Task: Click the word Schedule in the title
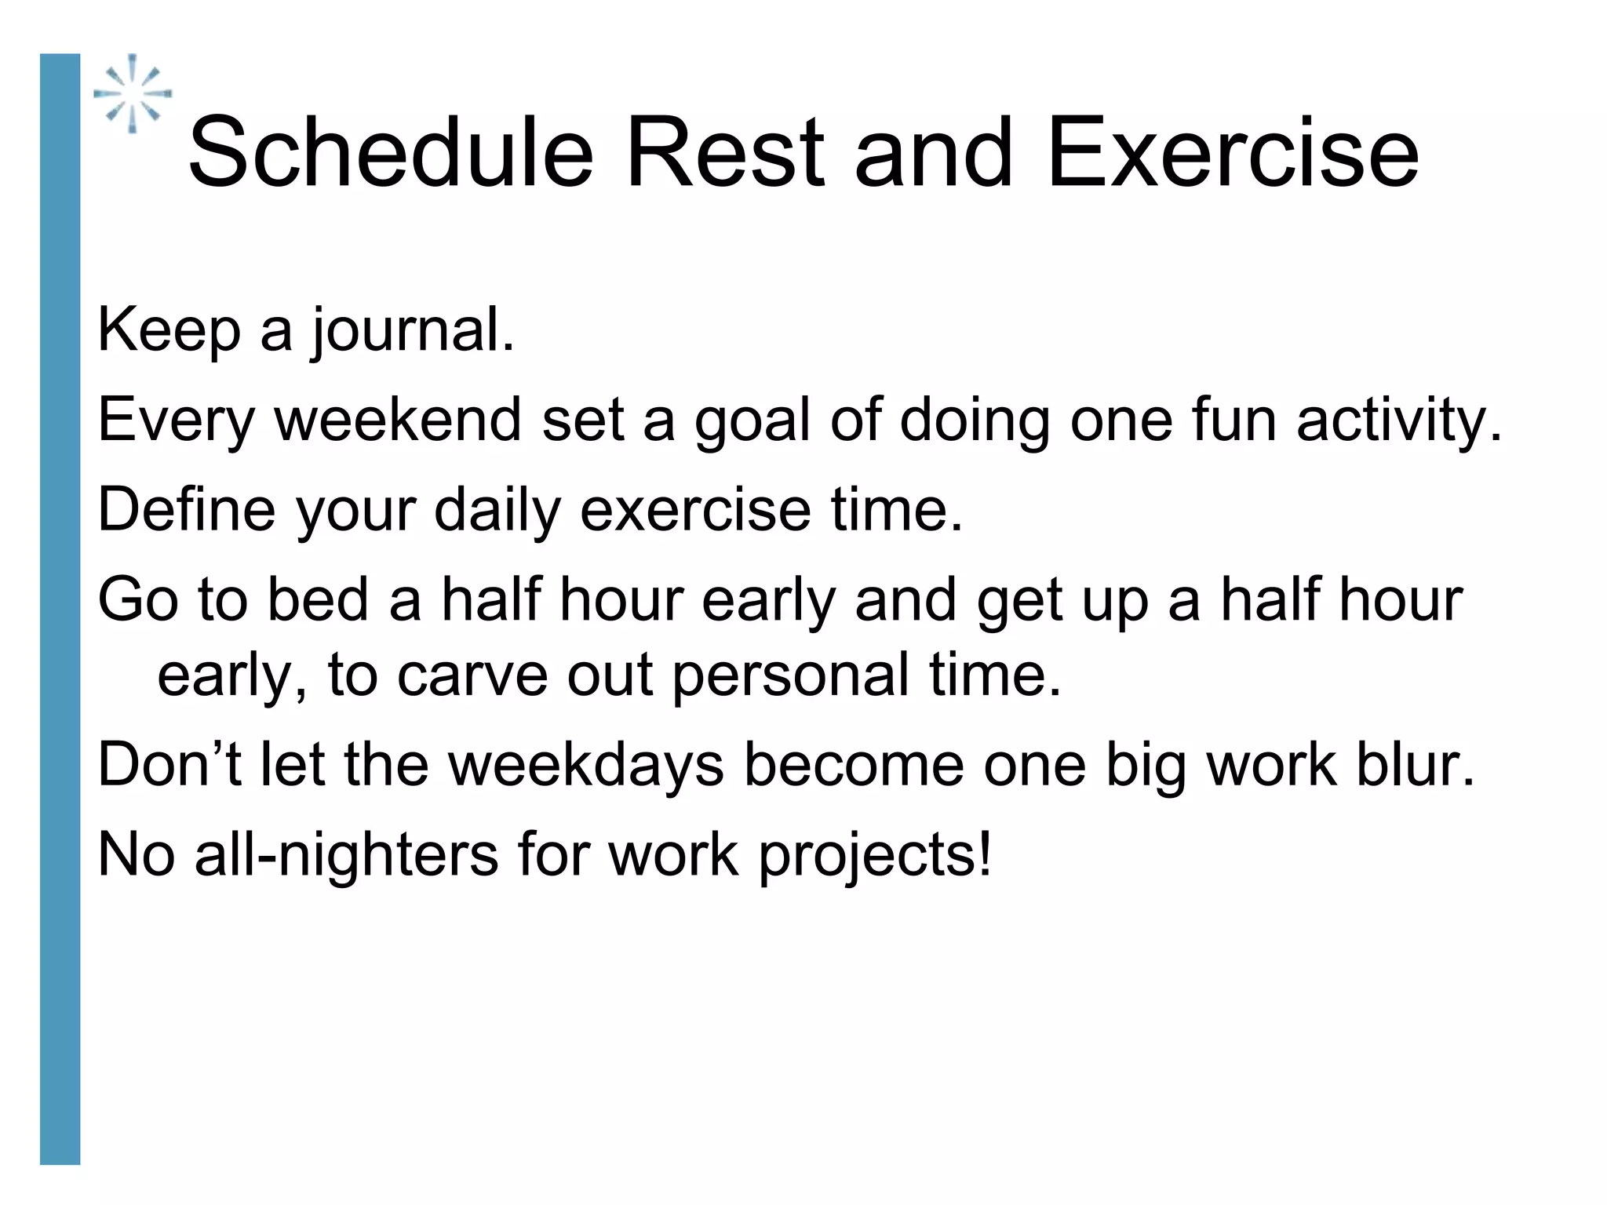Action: click(x=390, y=152)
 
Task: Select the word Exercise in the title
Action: click(x=1232, y=152)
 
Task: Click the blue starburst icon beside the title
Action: click(x=133, y=93)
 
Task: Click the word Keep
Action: click(x=168, y=330)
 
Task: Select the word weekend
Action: click(x=398, y=420)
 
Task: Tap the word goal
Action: click(x=752, y=421)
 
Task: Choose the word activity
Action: click(x=1397, y=421)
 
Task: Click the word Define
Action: click(x=186, y=510)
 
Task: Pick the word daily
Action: click(x=497, y=511)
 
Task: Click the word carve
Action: click(x=472, y=675)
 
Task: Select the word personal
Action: click(x=791, y=677)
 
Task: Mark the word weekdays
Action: click(x=585, y=766)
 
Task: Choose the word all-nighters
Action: click(x=346, y=854)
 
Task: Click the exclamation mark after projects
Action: click(x=985, y=853)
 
